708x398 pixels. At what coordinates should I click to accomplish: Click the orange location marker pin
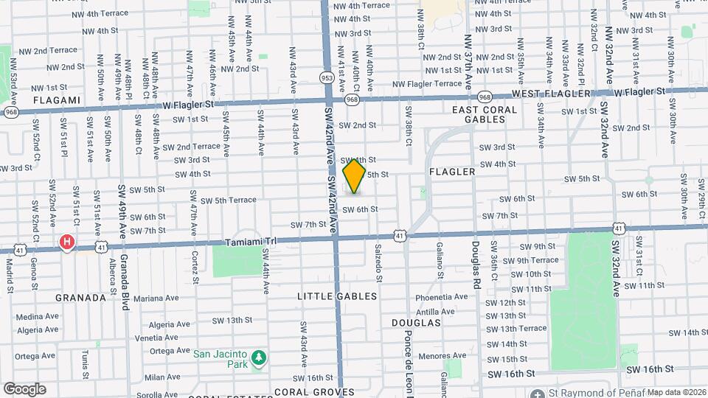(355, 175)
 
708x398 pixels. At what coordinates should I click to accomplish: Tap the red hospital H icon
(67, 242)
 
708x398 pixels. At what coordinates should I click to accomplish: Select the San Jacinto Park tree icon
(258, 359)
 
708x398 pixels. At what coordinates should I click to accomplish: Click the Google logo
(24, 389)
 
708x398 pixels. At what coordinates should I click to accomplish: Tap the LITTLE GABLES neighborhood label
(337, 296)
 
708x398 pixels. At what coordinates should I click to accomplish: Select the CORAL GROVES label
(304, 391)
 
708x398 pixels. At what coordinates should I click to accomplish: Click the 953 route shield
(326, 77)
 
